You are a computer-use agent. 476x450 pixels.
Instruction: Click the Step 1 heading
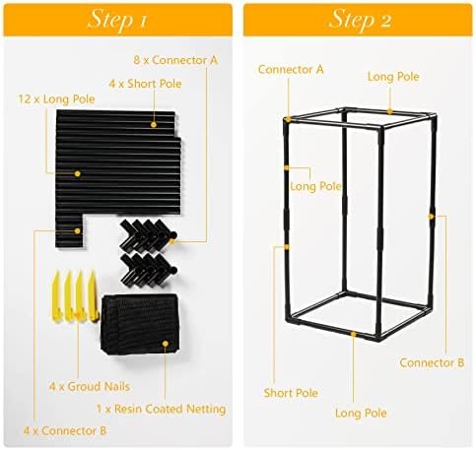click(x=117, y=20)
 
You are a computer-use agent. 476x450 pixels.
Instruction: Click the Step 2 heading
click(x=360, y=20)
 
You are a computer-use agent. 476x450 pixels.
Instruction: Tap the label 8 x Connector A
click(x=175, y=60)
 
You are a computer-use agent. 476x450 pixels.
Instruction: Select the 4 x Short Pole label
click(x=145, y=84)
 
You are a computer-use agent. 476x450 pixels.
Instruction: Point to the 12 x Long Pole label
click(x=56, y=98)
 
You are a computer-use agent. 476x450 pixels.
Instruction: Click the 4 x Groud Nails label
click(x=90, y=387)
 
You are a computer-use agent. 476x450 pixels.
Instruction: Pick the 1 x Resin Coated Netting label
click(x=162, y=409)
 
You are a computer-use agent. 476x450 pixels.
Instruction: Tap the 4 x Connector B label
click(x=65, y=430)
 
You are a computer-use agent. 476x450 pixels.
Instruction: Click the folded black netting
click(x=141, y=324)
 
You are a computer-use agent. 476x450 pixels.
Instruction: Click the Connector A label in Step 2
click(x=291, y=70)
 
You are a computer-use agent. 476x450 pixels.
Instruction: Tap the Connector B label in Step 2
click(x=432, y=362)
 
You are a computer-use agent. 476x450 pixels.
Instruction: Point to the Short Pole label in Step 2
click(x=291, y=393)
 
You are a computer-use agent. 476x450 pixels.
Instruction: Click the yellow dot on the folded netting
click(x=166, y=344)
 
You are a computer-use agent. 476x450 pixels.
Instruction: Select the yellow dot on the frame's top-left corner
click(x=288, y=119)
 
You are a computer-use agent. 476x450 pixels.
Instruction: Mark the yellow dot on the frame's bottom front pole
click(x=354, y=334)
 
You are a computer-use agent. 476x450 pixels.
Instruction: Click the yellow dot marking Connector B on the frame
click(x=431, y=216)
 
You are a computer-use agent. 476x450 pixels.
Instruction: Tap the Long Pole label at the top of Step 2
click(x=393, y=77)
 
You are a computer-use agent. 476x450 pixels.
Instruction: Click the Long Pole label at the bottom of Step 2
click(x=361, y=413)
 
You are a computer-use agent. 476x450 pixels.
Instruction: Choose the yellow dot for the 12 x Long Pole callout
click(x=77, y=173)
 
